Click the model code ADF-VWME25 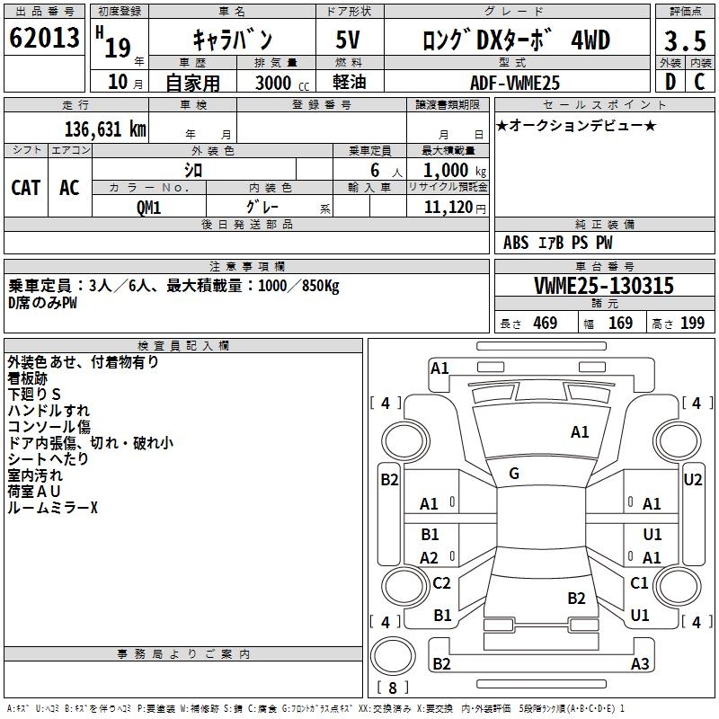coord(516,83)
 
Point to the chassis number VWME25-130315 coord(603,286)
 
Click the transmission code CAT coord(26,187)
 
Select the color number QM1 coord(148,207)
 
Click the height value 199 coord(692,323)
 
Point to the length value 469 coord(545,323)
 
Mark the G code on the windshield coord(513,474)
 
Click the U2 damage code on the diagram coord(692,479)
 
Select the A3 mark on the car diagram coord(640,664)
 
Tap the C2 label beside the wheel coord(441,583)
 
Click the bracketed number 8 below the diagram coord(393,688)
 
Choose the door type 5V coord(349,40)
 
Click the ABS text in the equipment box coord(516,242)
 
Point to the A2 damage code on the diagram coord(430,557)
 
